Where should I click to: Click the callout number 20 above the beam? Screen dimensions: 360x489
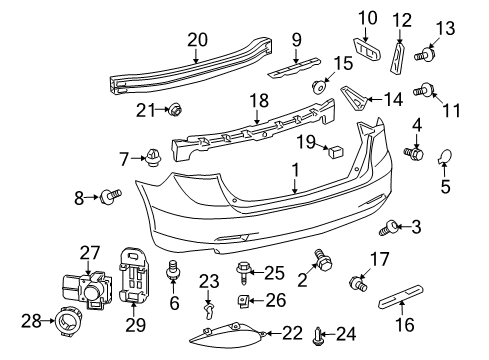pyautogui.click(x=196, y=40)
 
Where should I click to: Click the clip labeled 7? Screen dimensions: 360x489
pyautogui.click(x=155, y=157)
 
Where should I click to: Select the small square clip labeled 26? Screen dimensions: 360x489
pyautogui.click(x=243, y=300)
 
